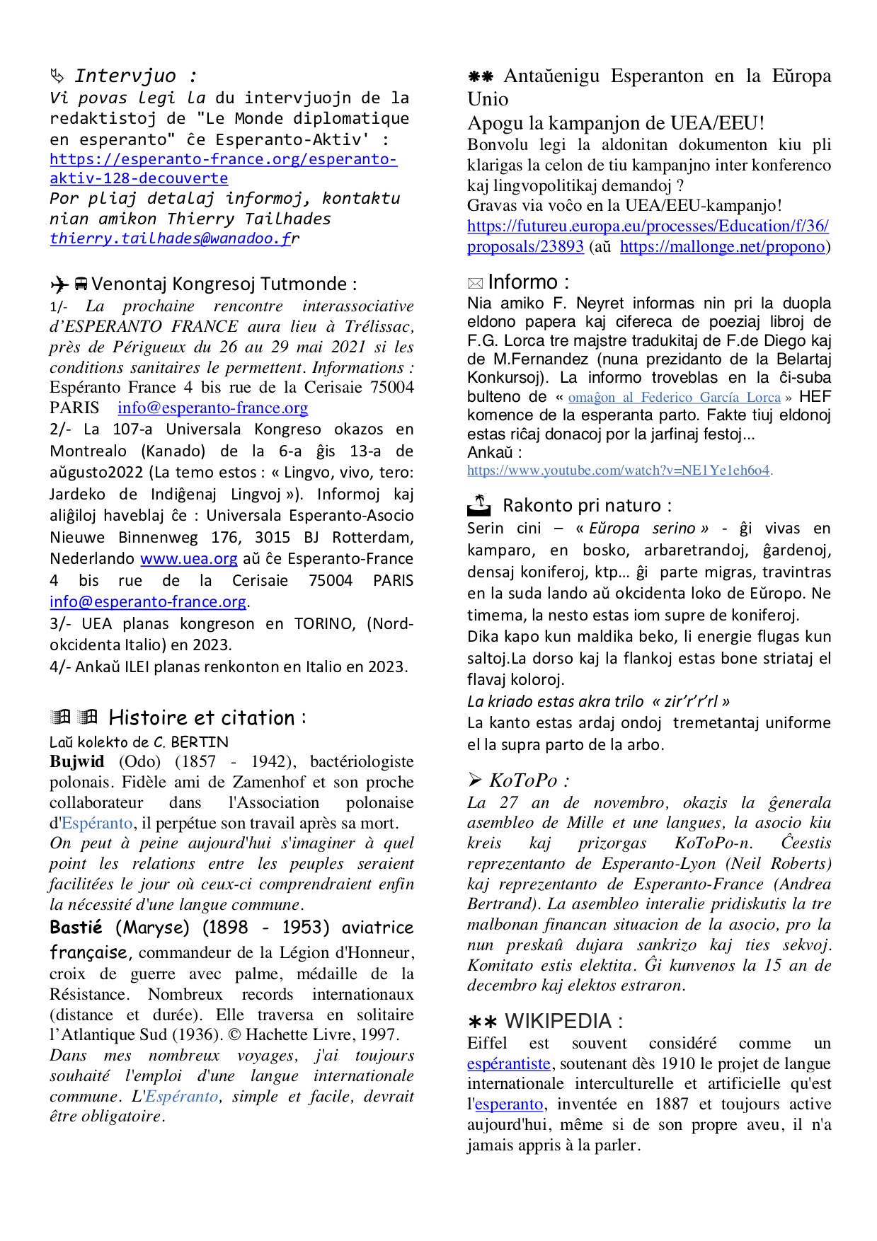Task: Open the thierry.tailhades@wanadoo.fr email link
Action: (x=170, y=238)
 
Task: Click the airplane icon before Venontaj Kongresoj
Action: (x=59, y=284)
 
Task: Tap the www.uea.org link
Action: (x=188, y=559)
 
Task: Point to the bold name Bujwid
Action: (x=76, y=761)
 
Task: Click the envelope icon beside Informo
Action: (x=475, y=284)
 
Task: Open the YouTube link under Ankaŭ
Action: (x=618, y=471)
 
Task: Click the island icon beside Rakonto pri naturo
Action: (x=479, y=504)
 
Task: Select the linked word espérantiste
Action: (x=508, y=1063)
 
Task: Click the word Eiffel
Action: (x=487, y=1043)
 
